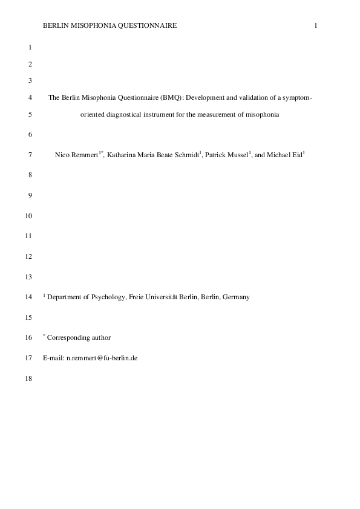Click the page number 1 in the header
(316, 25)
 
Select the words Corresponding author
(79, 337)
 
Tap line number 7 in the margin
(30, 155)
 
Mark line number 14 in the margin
(28, 297)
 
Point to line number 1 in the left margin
(30, 47)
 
